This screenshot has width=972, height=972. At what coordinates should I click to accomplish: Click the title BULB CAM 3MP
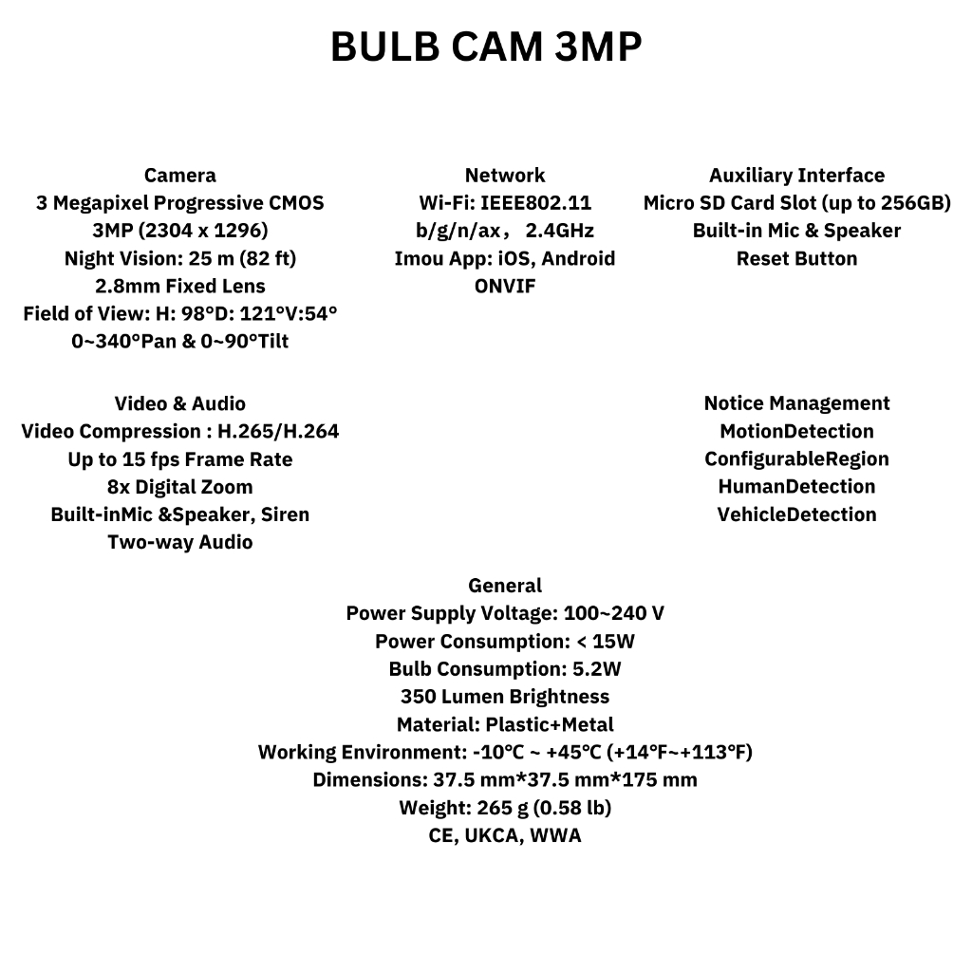coord(486,47)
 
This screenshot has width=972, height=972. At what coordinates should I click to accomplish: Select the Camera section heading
coord(179,176)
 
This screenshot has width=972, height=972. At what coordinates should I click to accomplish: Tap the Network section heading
coord(505,176)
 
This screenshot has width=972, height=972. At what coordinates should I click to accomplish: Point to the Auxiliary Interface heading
coord(796,176)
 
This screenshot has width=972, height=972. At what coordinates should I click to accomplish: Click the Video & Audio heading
coord(179,403)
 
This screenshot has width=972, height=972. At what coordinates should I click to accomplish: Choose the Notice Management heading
coord(796,403)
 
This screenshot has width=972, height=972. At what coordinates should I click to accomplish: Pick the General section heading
coord(505,586)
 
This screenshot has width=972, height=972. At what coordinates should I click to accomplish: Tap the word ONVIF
coord(505,286)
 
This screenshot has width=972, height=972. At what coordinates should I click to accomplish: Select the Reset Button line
coord(796,258)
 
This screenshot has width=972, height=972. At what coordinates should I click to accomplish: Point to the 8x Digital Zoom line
coord(179,487)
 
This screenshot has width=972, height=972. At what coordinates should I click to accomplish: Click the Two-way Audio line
coord(179,543)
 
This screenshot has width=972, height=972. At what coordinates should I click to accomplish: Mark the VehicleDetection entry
coord(796,514)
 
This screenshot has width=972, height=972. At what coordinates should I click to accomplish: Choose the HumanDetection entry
coord(796,487)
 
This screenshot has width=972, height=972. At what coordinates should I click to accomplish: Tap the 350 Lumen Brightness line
coord(505,697)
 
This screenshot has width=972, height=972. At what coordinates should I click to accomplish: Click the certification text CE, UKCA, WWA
coord(505,836)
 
